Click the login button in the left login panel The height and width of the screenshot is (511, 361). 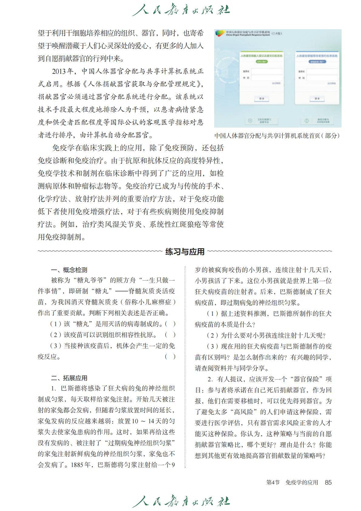(x=261, y=99)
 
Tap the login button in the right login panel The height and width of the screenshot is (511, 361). (x=317, y=99)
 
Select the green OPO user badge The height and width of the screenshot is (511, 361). (x=261, y=62)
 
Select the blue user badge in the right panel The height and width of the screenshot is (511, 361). (x=317, y=62)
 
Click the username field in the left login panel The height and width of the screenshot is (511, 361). (x=266, y=72)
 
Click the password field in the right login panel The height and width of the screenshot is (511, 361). (x=322, y=78)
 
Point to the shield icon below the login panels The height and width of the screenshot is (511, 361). (x=250, y=121)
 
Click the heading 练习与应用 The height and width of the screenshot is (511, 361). (x=185, y=251)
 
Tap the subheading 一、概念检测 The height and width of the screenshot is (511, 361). (x=69, y=270)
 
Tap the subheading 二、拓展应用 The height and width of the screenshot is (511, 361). (x=69, y=378)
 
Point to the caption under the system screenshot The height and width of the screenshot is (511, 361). (x=277, y=136)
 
